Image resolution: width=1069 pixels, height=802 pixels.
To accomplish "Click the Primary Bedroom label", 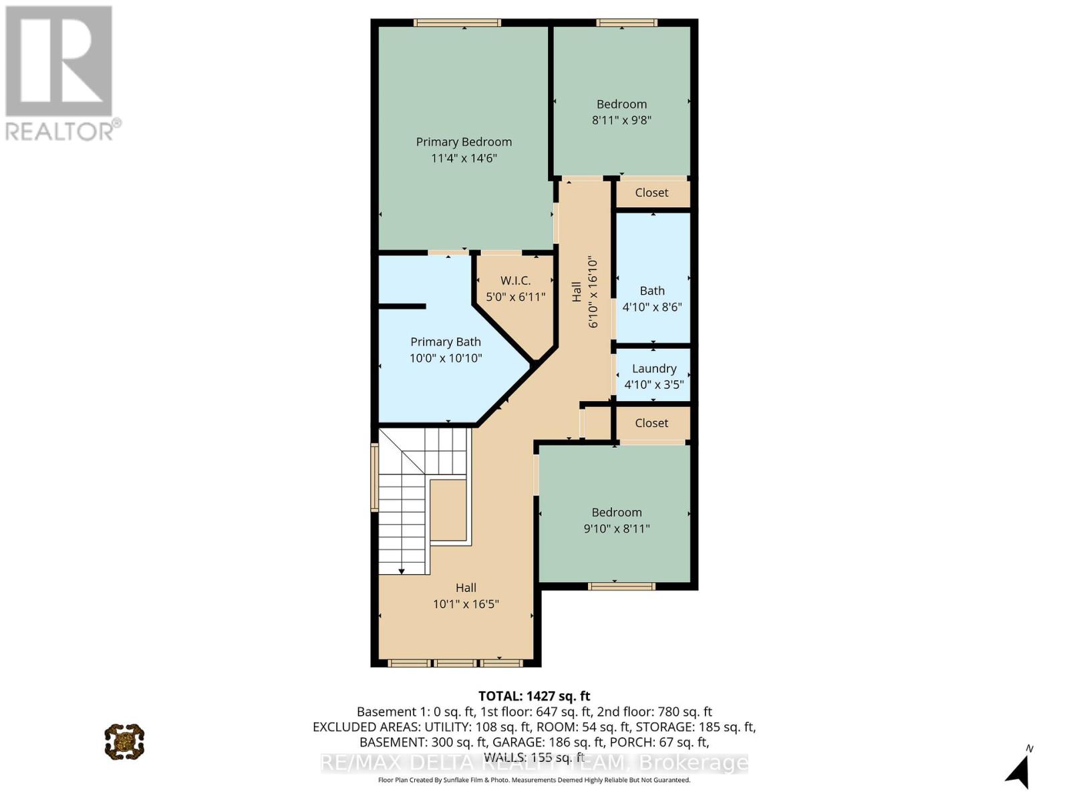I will pos(464,142).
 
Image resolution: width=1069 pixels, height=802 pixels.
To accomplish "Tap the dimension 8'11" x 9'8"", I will pos(621,120).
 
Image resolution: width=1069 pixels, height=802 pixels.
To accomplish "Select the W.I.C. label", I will pos(515,281).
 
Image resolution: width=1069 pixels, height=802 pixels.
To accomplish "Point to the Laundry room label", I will pos(654,368).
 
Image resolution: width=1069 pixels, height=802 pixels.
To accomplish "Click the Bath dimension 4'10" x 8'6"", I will pos(652,307).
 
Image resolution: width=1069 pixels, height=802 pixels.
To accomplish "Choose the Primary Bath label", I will pos(446,342).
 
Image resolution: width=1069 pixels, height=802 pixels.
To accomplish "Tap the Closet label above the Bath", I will pos(651,192).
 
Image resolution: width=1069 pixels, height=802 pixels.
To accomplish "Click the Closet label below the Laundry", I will pos(651,423).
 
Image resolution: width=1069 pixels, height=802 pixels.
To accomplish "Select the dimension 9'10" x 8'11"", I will pos(617,529).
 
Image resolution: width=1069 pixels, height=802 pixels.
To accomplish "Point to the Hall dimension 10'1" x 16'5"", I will pos(466,604).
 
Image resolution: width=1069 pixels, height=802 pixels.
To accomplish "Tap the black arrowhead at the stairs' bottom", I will pos(402,571).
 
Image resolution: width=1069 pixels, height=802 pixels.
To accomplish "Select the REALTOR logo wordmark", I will pos(63,130).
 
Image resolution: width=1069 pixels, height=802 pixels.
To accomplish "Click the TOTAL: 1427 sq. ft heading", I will pos(534,696).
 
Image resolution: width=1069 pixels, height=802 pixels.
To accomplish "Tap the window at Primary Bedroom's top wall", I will pos(457,23).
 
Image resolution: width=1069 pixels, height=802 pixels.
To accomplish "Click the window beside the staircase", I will pos(375,477).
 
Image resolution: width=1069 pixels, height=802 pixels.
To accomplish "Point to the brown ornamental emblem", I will pos(124,741).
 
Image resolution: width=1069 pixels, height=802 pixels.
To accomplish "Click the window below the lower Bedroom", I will pos(621,586).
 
